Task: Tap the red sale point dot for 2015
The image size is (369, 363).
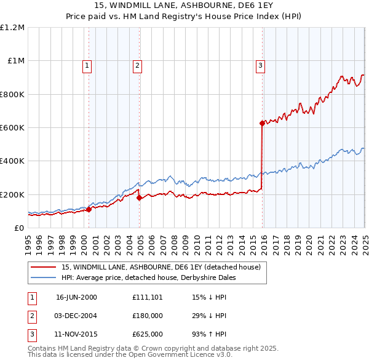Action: [262, 124]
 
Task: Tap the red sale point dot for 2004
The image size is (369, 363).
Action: [139, 197]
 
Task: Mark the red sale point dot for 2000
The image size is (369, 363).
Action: [89, 209]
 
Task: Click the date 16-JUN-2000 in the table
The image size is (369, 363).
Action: [76, 297]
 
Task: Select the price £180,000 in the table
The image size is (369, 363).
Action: [148, 316]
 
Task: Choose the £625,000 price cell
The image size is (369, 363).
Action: [148, 335]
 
